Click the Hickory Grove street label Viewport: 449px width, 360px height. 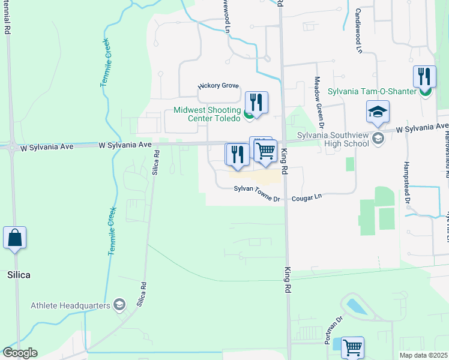pyautogui.click(x=218, y=86)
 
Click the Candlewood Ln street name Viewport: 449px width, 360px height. pyautogui.click(x=358, y=30)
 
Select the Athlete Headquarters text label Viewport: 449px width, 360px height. pyautogui.click(x=71, y=305)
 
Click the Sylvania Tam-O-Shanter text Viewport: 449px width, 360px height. pyautogui.click(x=372, y=91)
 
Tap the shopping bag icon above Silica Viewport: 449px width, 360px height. pyautogui.click(x=15, y=237)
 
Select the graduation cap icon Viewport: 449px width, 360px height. pyautogui.click(x=378, y=112)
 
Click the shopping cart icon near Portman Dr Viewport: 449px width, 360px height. pyautogui.click(x=352, y=347)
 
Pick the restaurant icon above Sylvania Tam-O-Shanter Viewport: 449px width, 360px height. pyautogui.click(x=424, y=76)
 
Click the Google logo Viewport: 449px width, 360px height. pyautogui.click(x=20, y=353)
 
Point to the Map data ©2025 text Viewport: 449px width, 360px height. pyautogui.click(x=423, y=355)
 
